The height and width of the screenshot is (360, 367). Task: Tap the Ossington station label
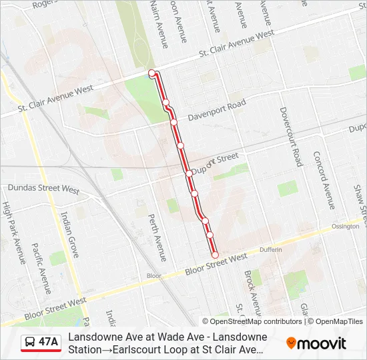click(345, 226)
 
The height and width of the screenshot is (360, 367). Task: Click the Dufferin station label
click(271, 249)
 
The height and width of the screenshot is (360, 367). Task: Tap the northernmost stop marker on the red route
click(152, 73)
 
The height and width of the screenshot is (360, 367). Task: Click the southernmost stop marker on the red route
click(215, 255)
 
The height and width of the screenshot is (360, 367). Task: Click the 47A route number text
click(49, 342)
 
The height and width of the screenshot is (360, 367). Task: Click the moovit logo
click(316, 343)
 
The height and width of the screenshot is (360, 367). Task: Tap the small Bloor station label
click(154, 275)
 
